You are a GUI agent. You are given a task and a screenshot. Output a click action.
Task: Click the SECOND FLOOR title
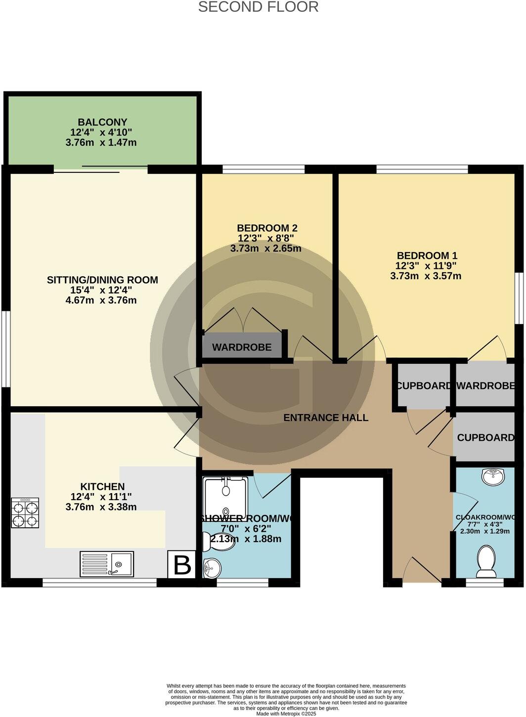[x=258, y=7]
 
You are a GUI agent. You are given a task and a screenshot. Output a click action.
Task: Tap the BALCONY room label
[x=102, y=122]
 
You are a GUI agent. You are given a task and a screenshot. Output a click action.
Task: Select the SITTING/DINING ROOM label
[x=102, y=280]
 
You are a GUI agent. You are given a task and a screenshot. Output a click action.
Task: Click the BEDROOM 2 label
[x=267, y=228]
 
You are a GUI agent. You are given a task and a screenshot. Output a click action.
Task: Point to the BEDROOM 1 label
[x=427, y=255]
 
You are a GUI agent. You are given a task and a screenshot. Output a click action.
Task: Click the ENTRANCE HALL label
[x=325, y=418]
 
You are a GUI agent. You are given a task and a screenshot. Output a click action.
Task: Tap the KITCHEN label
[x=102, y=487]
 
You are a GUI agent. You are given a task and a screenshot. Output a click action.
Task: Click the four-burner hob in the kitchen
[x=25, y=513]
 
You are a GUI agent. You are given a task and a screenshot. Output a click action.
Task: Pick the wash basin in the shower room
[x=212, y=568]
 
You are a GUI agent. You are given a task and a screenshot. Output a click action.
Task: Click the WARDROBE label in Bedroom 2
[x=242, y=347]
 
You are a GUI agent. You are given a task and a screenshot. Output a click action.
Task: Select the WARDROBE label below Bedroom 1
[x=485, y=386]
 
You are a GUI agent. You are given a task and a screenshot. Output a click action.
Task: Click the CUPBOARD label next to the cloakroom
[x=485, y=437]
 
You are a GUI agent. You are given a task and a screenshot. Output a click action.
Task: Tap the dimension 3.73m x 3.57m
[x=426, y=276]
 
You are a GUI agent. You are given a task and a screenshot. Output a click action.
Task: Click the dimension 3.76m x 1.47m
[x=101, y=143]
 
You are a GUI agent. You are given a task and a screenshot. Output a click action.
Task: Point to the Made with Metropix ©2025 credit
[x=286, y=713]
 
